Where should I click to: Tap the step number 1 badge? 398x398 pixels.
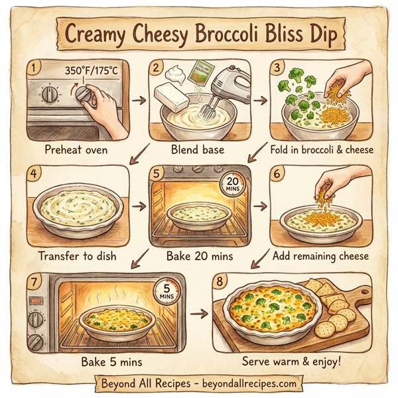point(34,67)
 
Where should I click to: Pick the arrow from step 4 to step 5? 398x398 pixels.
point(138,205)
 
